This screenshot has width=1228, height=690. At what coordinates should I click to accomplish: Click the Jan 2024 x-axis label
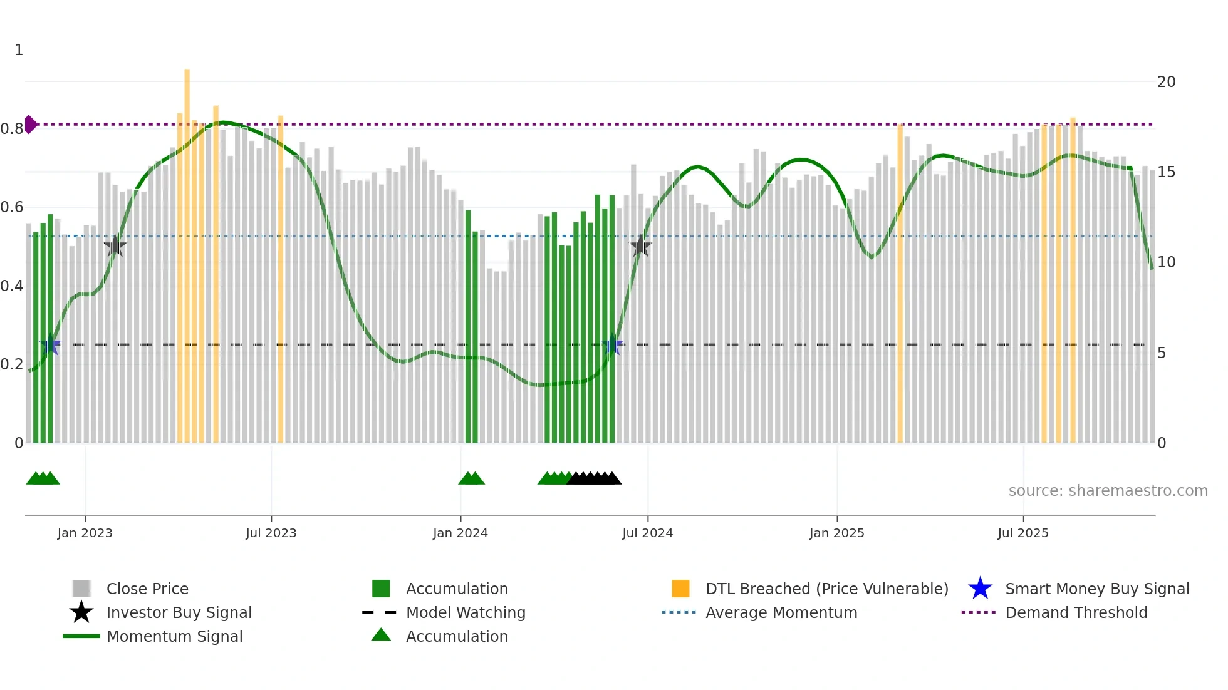(460, 533)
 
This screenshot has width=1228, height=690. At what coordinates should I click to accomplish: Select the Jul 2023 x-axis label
(271, 533)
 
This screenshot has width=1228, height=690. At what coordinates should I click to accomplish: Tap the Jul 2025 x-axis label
(1022, 533)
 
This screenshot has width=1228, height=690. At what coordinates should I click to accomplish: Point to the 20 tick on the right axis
(1166, 82)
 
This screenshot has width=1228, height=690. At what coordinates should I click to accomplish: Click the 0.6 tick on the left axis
(12, 207)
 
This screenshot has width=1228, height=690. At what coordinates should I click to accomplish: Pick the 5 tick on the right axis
(1162, 353)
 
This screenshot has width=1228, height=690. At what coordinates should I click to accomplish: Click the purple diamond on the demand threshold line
(30, 125)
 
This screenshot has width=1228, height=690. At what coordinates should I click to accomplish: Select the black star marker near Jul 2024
(640, 247)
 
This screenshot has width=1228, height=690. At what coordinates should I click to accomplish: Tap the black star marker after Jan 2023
(115, 247)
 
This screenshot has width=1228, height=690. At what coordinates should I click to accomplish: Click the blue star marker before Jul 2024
(612, 345)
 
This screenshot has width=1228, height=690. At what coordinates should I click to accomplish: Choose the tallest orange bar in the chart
(187, 250)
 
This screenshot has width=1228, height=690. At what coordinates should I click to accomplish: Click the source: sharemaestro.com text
(1108, 491)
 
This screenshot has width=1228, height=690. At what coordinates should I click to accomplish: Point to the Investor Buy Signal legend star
(81, 612)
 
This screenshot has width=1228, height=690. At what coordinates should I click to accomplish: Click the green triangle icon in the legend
(381, 635)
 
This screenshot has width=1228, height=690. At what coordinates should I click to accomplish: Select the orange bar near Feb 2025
(900, 282)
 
